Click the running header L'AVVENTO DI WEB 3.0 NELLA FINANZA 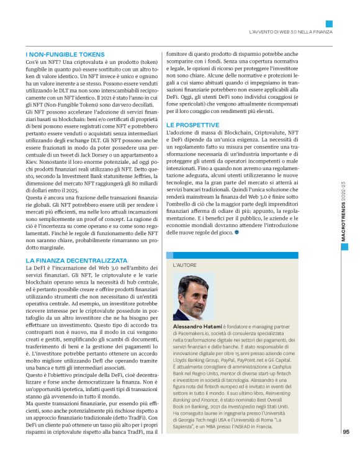(x=290, y=31)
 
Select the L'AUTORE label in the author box (x=185, y=264)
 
